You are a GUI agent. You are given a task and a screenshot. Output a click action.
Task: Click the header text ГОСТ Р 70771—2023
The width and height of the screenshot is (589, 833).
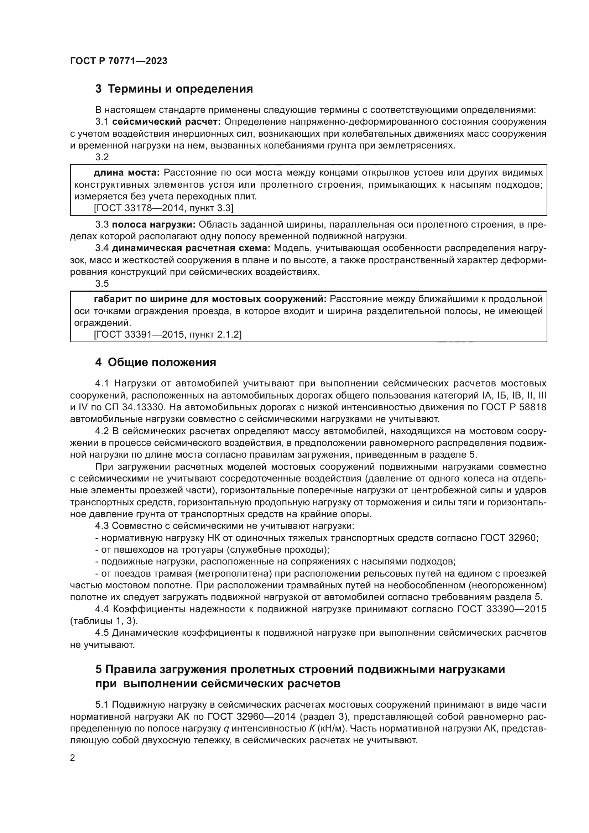(x=119, y=61)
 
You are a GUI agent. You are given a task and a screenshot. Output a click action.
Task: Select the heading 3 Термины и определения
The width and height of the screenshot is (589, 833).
(x=174, y=89)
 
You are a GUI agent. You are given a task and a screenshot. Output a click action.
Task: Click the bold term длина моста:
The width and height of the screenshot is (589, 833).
(x=126, y=172)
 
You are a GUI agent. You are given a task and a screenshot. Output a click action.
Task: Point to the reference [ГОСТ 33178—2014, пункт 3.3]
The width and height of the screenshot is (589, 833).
(x=163, y=208)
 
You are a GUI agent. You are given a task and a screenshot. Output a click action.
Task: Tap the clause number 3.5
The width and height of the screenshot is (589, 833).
(x=102, y=283)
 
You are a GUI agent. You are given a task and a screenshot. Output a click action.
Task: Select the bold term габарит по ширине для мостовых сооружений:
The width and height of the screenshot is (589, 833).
(x=210, y=299)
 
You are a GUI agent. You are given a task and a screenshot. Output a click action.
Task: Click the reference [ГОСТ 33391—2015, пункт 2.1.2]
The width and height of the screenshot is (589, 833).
(x=168, y=334)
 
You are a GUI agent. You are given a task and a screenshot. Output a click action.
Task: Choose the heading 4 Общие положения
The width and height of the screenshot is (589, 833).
(x=156, y=362)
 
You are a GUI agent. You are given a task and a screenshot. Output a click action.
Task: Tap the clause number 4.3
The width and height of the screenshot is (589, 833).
(x=102, y=526)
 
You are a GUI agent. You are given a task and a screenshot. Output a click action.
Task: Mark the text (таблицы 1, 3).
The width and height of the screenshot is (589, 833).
(x=104, y=621)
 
